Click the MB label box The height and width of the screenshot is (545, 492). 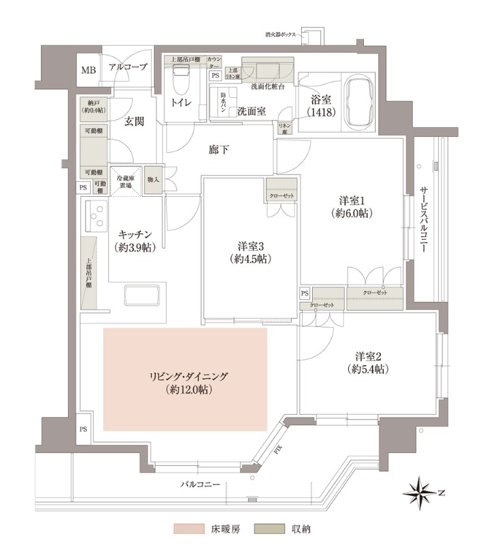tap(89, 70)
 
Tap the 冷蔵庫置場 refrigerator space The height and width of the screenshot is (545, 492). tap(125, 183)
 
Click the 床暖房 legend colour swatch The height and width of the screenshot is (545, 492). tap(188, 528)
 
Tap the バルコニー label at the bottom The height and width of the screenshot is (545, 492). tap(200, 484)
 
